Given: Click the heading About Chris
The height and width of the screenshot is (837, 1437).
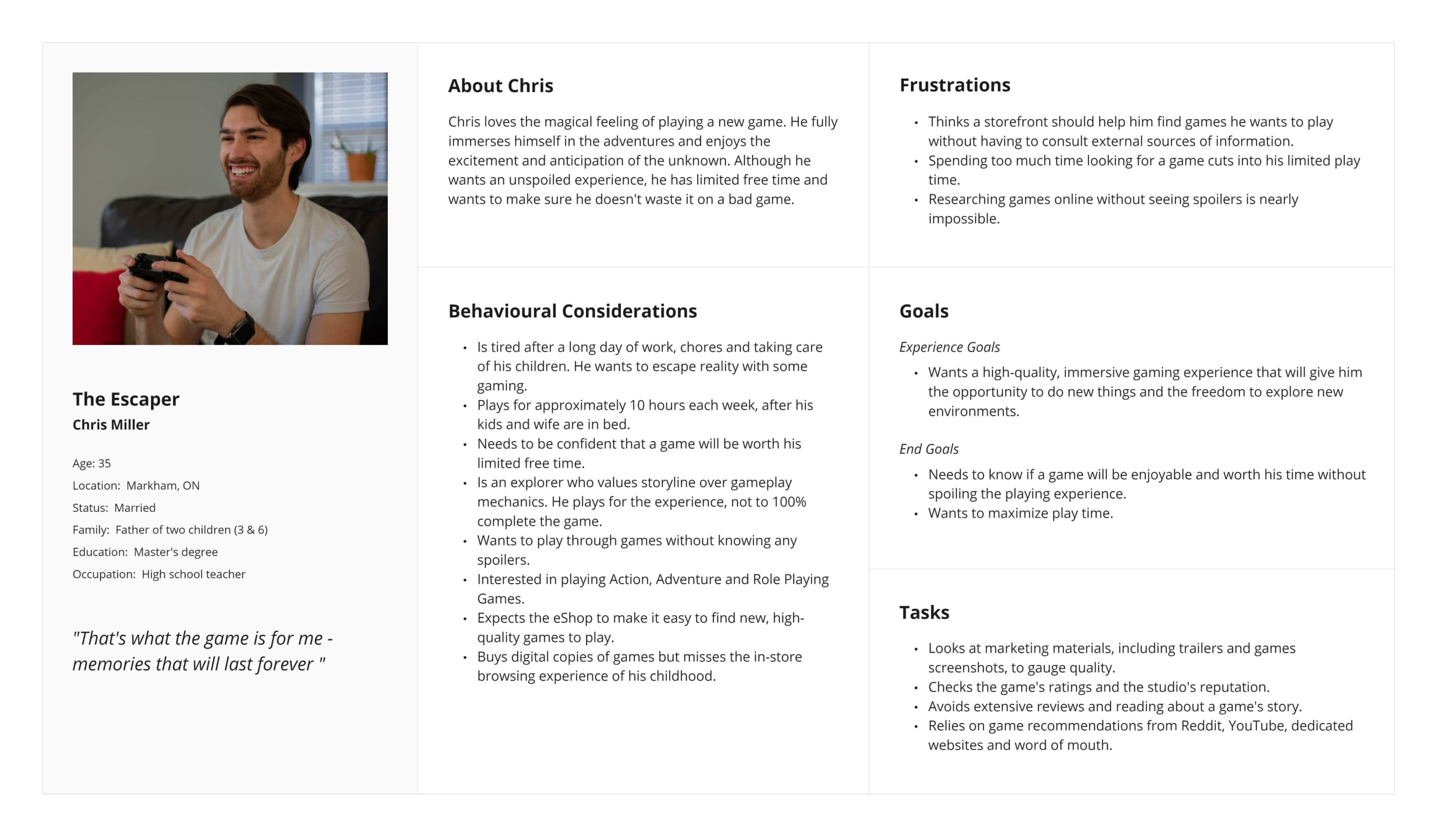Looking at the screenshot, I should (500, 85).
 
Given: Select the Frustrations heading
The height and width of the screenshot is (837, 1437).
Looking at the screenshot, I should (955, 85).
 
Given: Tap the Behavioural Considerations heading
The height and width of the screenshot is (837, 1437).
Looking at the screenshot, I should (572, 311).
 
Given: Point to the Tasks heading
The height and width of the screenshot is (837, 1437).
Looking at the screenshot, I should (924, 612).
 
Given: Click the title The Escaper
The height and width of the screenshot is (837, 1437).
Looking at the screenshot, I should (125, 399).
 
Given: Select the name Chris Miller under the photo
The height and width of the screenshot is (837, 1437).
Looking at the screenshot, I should (111, 425).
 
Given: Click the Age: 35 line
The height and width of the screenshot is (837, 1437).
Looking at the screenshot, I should (91, 463).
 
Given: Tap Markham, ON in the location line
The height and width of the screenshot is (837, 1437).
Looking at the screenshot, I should (163, 485).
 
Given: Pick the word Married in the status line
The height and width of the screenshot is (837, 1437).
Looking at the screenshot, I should (135, 508).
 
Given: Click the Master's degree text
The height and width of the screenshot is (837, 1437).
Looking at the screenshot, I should (176, 552).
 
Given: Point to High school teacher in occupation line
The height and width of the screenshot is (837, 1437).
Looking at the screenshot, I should (193, 574).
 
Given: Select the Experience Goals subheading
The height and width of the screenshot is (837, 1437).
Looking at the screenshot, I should (949, 347).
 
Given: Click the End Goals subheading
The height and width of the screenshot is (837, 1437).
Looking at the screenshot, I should (928, 449).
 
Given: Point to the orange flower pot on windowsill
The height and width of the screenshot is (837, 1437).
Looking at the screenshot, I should (361, 166).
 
